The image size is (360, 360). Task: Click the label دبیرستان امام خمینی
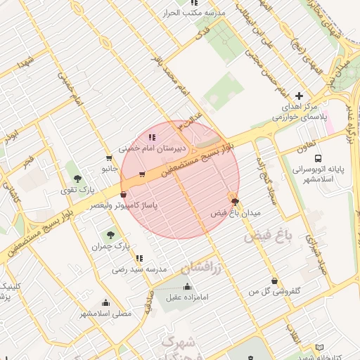click(x=153, y=148)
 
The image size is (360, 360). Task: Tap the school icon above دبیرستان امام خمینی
click(x=153, y=136)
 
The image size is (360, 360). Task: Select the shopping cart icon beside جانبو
click(x=108, y=158)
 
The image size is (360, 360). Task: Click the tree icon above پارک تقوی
click(x=77, y=178)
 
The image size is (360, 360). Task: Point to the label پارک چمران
click(x=111, y=247)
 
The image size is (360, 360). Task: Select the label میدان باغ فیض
click(x=236, y=212)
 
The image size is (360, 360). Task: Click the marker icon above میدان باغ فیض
click(x=234, y=200)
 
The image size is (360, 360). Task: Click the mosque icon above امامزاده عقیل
click(x=187, y=286)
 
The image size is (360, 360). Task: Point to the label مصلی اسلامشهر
click(x=105, y=312)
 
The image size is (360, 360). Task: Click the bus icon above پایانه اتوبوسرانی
click(x=319, y=158)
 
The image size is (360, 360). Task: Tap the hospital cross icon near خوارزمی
click(x=300, y=96)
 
